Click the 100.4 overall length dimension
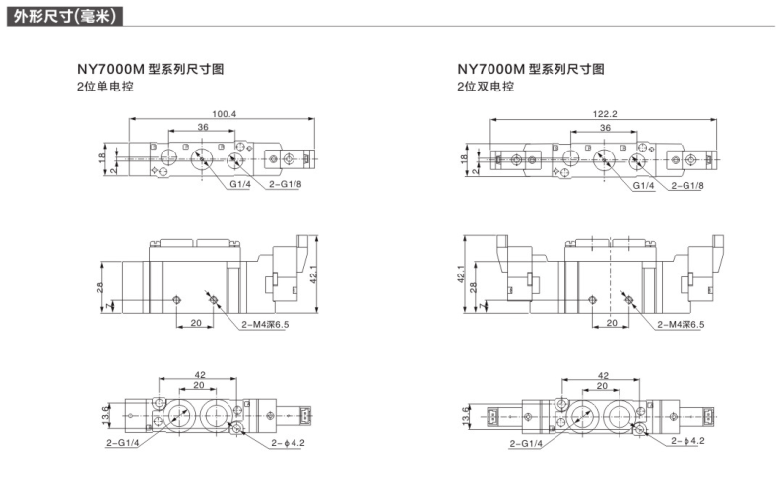224,115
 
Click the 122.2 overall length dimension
605,115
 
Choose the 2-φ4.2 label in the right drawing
685,442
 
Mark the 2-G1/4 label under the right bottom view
527,444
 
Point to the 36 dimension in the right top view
604,128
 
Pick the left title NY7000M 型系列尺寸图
151,70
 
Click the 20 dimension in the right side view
612,322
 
